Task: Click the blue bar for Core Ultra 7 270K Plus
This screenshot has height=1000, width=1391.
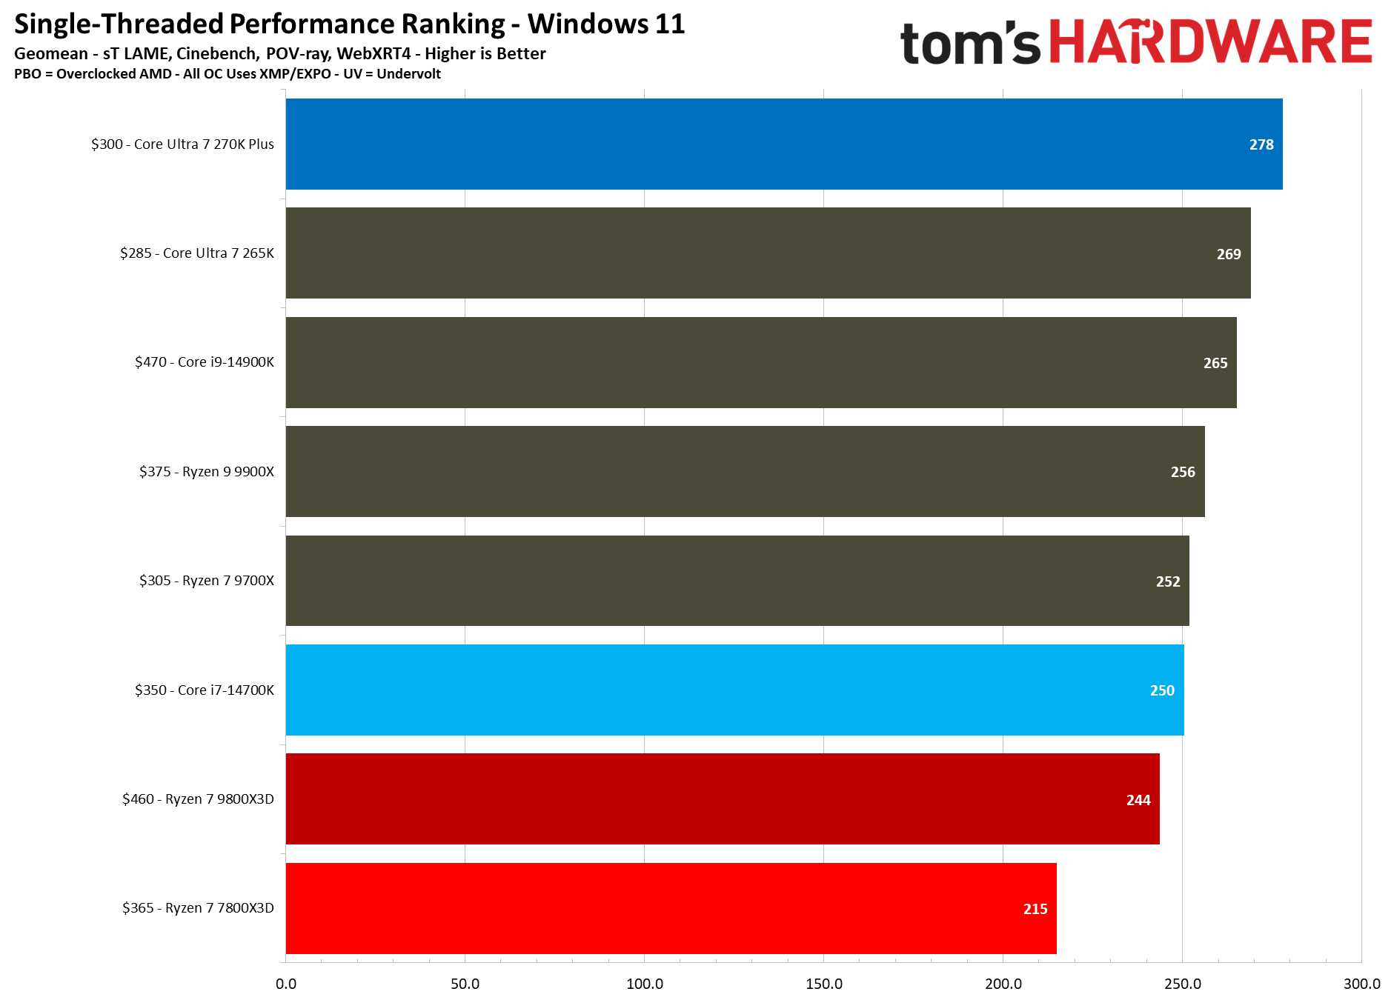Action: coord(783,144)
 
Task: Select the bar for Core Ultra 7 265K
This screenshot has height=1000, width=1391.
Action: coord(768,253)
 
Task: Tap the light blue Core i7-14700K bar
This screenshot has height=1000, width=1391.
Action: coord(734,690)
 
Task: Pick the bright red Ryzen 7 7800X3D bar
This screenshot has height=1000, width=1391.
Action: coord(671,908)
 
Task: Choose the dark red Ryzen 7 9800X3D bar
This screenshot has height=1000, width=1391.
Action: coord(723,799)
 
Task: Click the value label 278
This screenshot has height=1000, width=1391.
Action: coord(1261,144)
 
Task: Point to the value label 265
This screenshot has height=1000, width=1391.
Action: coord(1215,363)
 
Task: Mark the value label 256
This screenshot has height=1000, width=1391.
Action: coord(1182,472)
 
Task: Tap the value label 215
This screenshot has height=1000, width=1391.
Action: coord(1035,909)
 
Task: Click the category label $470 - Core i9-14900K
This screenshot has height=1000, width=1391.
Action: coord(204,362)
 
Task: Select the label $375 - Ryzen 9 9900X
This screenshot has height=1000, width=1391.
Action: coord(206,472)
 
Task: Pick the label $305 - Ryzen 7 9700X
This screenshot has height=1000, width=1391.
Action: coord(206,581)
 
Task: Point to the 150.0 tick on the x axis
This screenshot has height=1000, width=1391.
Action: coord(823,984)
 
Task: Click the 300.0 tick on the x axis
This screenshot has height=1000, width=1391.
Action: coord(1361,984)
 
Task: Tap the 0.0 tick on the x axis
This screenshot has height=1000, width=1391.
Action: coord(286,984)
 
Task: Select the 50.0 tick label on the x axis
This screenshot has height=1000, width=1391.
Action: coord(465,984)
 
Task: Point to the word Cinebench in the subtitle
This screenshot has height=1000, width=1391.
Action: coord(216,53)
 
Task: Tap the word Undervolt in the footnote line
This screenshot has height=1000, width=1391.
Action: coord(408,74)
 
